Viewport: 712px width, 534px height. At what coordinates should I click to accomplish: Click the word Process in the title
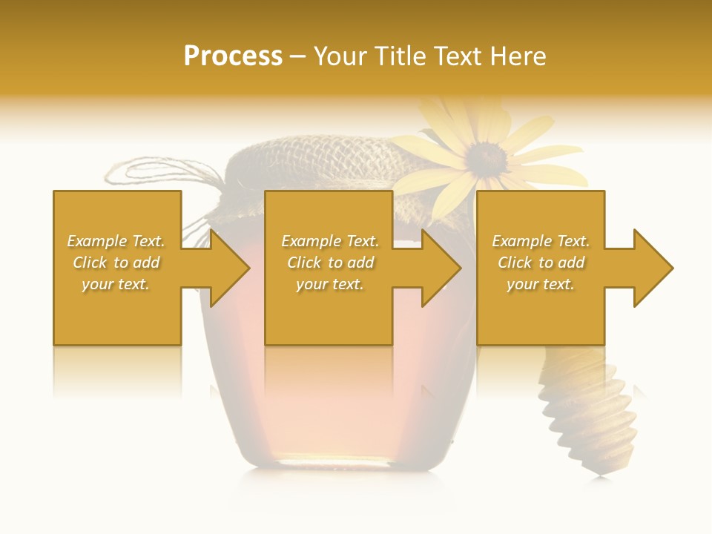[x=233, y=56]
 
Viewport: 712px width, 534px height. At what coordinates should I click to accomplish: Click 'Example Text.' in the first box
[x=116, y=241]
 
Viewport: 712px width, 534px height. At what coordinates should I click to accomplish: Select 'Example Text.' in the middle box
[x=330, y=241]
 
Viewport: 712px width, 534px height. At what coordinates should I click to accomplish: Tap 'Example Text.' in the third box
[x=541, y=241]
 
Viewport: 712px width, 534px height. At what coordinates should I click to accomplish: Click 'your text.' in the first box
[x=116, y=284]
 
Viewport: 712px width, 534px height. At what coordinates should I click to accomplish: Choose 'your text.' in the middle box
[x=330, y=284]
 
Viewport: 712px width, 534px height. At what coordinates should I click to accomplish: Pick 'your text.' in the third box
[x=541, y=284]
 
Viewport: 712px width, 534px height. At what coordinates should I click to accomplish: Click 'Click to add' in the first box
[x=116, y=263]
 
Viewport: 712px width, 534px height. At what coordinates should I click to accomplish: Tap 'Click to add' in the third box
[x=541, y=263]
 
